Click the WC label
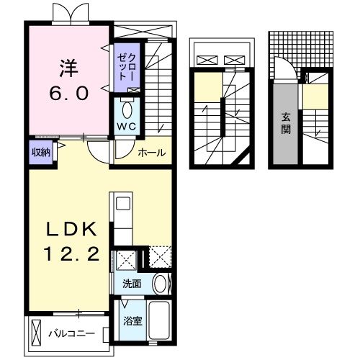click(127, 127)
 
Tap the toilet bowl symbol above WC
click(127, 109)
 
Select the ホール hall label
click(151, 153)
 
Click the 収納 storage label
click(40, 151)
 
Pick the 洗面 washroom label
click(132, 283)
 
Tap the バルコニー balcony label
click(71, 334)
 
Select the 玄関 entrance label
click(285, 124)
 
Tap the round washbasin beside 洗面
click(161, 283)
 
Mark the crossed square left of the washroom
click(126, 258)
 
